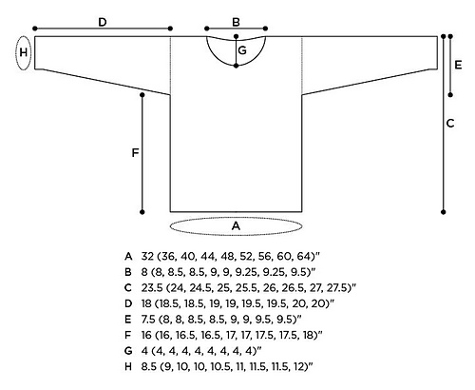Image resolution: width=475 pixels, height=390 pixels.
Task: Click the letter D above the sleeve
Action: coord(103,22)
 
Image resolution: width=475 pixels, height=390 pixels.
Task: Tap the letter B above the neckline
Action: coord(236,22)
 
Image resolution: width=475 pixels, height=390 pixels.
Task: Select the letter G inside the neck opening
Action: coord(242,50)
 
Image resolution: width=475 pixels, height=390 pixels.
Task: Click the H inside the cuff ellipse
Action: coord(24,52)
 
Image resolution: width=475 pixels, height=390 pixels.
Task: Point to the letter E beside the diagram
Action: coord(458,65)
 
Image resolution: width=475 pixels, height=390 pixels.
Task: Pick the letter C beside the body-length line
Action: coord(450,123)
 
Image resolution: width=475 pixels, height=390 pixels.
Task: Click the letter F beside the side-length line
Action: coord(135,153)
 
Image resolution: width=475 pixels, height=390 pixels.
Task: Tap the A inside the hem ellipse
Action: coord(236,226)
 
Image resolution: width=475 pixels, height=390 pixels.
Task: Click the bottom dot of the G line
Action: coord(236,66)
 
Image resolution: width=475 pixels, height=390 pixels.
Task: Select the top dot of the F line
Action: coord(142,95)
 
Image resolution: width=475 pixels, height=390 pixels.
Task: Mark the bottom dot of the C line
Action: coord(444,212)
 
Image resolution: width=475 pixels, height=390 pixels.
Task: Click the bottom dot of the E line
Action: coord(450,95)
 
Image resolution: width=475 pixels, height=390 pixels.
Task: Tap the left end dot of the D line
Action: coord(35,29)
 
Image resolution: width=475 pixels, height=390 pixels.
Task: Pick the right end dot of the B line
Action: coord(265,29)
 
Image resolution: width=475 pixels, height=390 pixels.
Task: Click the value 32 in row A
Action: coord(147,256)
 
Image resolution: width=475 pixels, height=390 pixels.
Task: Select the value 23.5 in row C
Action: coord(152,287)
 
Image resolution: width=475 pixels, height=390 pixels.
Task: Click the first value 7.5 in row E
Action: coord(148,319)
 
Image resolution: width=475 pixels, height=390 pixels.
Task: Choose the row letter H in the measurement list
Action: coord(128,366)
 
